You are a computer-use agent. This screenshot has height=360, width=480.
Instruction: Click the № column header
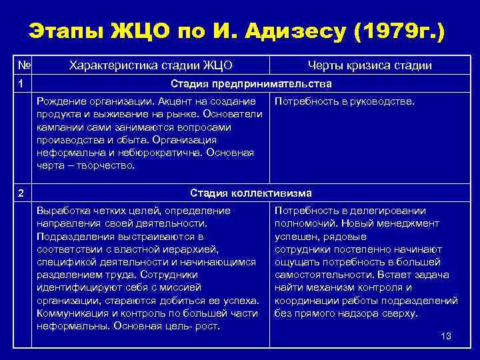[x=23, y=65]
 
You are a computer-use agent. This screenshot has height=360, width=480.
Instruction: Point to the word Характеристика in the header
[x=109, y=65]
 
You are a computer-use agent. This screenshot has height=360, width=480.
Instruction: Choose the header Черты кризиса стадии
[x=369, y=65]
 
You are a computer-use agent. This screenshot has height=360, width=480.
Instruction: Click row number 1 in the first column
[x=21, y=84]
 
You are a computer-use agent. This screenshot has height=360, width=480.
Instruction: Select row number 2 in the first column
[x=21, y=193]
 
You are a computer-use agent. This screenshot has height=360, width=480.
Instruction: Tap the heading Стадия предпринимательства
[x=251, y=84]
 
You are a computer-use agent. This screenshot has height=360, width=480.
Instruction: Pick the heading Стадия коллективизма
[x=251, y=193]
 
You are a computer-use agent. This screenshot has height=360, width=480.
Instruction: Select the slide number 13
[x=446, y=336]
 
